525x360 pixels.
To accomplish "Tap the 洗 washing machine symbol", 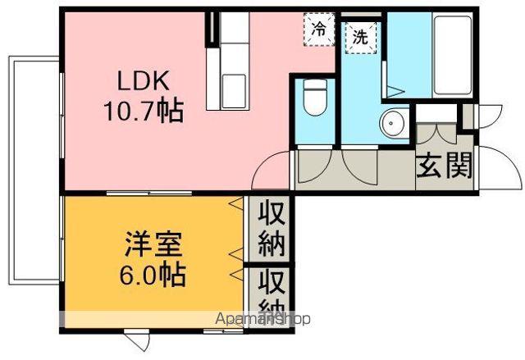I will click(x=359, y=36).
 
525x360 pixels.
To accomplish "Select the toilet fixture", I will click(x=313, y=99).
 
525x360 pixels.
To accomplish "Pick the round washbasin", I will click(x=392, y=124).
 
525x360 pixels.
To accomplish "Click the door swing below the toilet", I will click(x=316, y=166).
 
